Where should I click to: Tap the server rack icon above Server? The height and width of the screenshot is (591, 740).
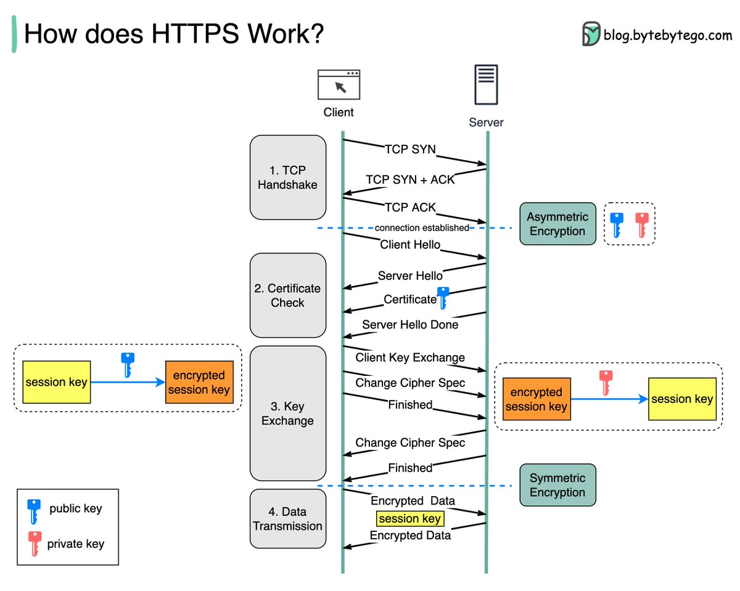(486, 84)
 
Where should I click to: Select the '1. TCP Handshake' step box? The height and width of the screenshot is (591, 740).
(287, 177)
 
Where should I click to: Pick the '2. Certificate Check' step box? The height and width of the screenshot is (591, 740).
(287, 295)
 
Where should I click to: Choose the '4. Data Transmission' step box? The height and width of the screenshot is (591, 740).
(287, 518)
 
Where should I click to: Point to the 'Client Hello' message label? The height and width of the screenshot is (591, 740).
(410, 245)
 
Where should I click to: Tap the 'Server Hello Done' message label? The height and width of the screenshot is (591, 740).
(410, 324)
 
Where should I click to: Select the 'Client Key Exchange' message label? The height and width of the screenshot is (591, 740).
(410, 357)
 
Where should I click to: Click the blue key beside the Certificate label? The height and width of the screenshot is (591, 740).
(442, 298)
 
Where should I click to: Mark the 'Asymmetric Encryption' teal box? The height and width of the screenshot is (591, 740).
(557, 224)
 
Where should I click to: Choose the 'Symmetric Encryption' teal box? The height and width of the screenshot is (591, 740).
(557, 485)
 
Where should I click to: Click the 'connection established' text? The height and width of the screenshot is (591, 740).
(422, 228)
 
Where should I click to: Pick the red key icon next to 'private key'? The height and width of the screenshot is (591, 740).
(35, 543)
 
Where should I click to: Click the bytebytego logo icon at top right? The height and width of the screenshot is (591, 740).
(591, 34)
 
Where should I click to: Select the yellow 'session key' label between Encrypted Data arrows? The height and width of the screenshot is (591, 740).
(410, 519)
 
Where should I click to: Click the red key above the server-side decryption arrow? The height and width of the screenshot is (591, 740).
(606, 382)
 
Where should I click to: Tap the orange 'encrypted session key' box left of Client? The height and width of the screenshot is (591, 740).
(199, 382)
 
